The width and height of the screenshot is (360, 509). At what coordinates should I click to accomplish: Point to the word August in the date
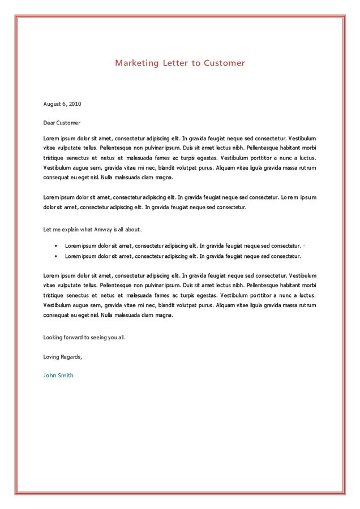click(x=52, y=104)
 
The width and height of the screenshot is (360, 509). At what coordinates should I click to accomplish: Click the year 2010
click(x=75, y=104)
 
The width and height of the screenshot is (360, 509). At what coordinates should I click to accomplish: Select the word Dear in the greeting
click(x=49, y=123)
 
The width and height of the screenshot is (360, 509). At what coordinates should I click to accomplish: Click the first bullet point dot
click(x=55, y=246)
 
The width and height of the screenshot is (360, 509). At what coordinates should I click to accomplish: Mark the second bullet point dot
click(x=55, y=256)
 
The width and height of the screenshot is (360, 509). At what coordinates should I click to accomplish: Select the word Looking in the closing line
click(x=53, y=338)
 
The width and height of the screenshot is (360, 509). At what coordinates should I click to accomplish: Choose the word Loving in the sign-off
click(x=52, y=357)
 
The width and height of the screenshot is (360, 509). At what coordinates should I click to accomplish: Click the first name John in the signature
click(x=50, y=376)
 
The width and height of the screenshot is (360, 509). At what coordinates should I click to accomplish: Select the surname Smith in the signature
click(x=66, y=376)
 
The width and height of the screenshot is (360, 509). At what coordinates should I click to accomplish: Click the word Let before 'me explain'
click(x=47, y=230)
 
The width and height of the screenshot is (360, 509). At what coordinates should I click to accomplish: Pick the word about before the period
click(x=132, y=230)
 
